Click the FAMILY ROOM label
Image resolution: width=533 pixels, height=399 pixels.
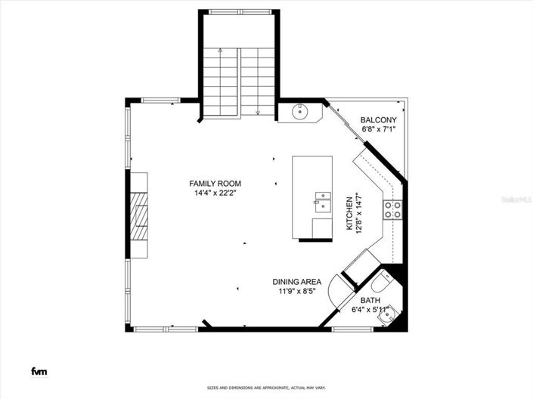click(x=215, y=184)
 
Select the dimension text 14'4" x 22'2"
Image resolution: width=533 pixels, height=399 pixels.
click(x=215, y=193)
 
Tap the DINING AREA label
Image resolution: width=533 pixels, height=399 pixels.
click(x=297, y=282)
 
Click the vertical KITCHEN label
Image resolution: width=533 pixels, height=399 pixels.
click(x=349, y=214)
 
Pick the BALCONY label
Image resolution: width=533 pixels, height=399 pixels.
click(x=378, y=120)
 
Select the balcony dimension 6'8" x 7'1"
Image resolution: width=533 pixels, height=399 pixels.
click(x=378, y=130)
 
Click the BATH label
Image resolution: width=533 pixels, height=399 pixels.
click(x=370, y=299)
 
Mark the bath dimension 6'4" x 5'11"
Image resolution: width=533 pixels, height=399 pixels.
click(x=370, y=309)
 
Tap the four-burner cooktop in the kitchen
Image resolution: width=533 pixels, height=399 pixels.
click(x=392, y=209)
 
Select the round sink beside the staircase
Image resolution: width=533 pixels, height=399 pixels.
click(x=299, y=113)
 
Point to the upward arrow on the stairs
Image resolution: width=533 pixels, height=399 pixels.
click(x=219, y=51)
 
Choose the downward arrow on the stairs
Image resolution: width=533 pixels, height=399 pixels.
click(x=258, y=112)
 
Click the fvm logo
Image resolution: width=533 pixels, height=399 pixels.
click(x=37, y=371)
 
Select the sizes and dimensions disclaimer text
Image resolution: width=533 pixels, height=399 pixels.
click(x=266, y=388)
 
